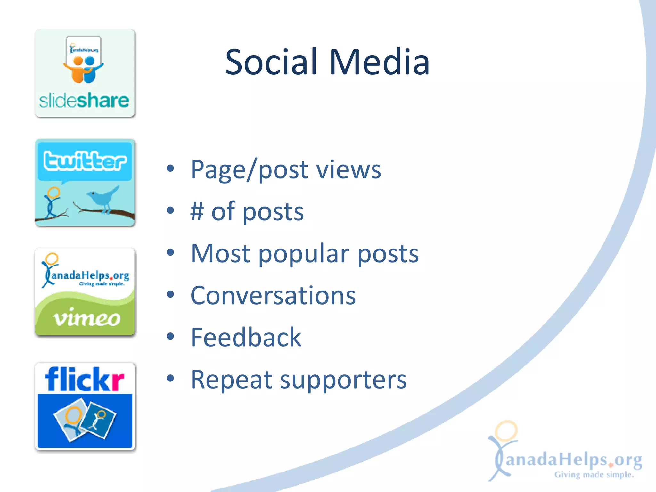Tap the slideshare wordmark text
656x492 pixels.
(x=84, y=101)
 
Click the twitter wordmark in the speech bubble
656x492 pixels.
(x=85, y=161)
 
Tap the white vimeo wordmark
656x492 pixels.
(x=87, y=318)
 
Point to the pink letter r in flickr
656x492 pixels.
(x=116, y=382)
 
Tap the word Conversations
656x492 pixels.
(x=273, y=295)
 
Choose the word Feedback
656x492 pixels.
(x=246, y=337)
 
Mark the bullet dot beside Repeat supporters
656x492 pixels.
(x=170, y=378)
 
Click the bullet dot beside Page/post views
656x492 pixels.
(x=170, y=168)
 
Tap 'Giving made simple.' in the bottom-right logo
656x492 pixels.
(x=594, y=474)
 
